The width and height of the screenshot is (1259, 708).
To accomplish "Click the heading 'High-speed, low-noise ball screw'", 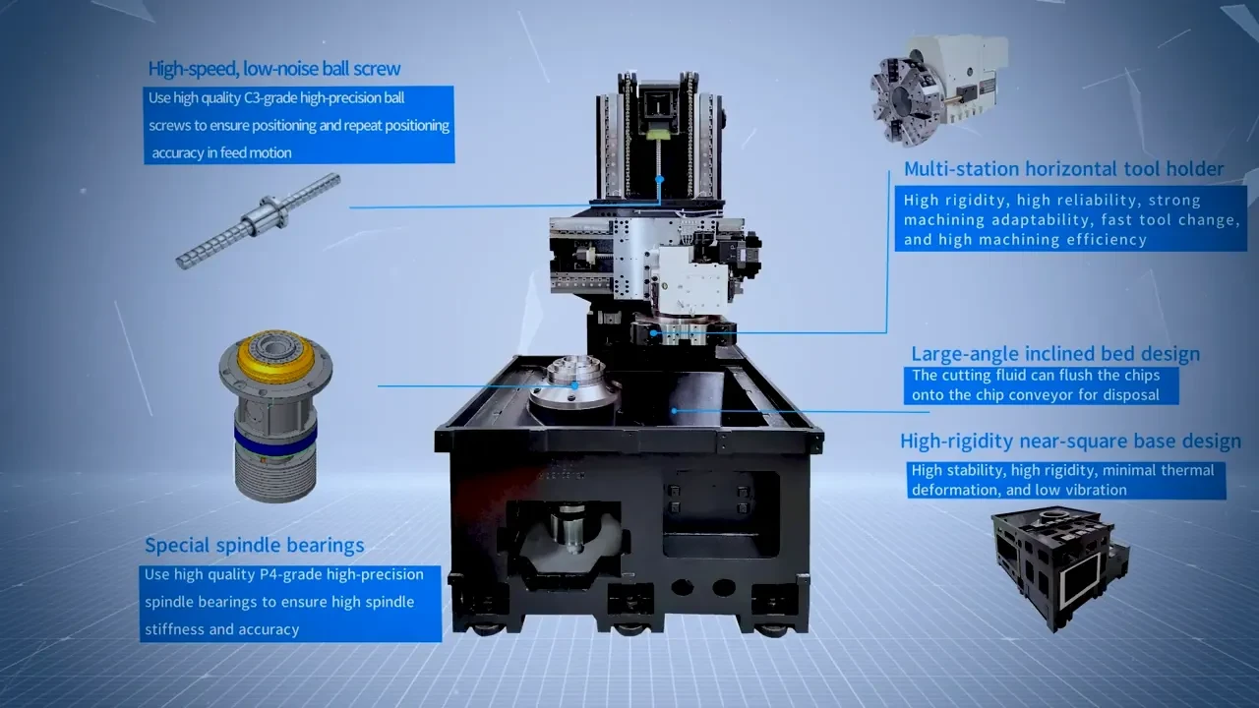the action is coord(274,69).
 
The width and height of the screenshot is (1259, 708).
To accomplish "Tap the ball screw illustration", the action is coord(258,221).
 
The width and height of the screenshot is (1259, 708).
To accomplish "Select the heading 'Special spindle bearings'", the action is coord(255,545).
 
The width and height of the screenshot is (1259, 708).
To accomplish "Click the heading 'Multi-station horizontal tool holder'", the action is coord(1063,168).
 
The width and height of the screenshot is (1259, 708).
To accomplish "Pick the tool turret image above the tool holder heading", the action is coord(938,89).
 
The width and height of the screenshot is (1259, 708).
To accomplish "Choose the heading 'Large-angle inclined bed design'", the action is coord(1055,354).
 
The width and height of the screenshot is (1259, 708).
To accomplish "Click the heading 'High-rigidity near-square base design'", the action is coord(1071,442).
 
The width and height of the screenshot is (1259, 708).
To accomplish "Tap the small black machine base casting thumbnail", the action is coord(1060,567).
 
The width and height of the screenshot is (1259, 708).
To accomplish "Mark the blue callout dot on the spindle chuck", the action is coord(574,385).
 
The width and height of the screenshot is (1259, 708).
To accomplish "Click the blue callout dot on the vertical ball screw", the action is coord(660,179).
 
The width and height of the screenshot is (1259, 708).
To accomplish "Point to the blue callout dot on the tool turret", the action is coord(654,333).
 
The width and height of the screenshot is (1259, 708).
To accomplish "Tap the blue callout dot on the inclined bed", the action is coord(675,411).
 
